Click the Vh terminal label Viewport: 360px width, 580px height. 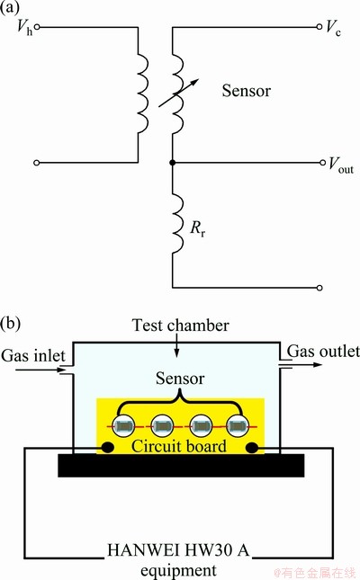click(x=25, y=27)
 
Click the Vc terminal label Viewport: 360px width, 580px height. click(x=333, y=27)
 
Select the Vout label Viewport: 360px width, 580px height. click(x=341, y=165)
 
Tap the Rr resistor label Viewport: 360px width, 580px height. click(x=198, y=228)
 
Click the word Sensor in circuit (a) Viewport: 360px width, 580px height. click(x=247, y=91)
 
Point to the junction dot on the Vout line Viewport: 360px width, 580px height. click(x=172, y=163)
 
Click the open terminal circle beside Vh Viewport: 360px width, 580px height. click(x=37, y=27)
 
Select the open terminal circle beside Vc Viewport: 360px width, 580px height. click(x=319, y=27)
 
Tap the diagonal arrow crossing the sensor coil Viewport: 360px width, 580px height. click(x=178, y=93)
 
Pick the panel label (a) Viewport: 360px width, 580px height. click(x=10, y=7)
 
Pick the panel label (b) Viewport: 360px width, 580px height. click(x=11, y=323)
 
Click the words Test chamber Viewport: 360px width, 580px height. click(x=181, y=326)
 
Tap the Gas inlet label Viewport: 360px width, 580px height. click(x=33, y=355)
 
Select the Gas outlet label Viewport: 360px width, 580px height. click(x=323, y=351)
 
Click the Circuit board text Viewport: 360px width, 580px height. click(x=179, y=446)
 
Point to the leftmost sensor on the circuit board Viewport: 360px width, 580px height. click(x=123, y=426)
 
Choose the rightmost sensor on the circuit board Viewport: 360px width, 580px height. click(x=237, y=426)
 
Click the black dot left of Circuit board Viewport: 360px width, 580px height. click(x=108, y=448)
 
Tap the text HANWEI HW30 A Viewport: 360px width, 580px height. click(x=178, y=550)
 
